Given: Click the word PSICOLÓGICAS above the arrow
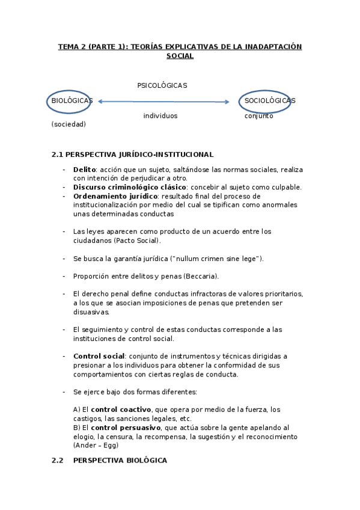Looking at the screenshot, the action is coord(162,85).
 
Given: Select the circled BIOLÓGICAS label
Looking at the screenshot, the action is coord(72,101).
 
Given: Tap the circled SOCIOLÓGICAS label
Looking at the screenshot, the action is coord(269,100).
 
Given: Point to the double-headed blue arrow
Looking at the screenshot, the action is coord(163,102).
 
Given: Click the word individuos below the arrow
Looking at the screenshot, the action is coord(160,115).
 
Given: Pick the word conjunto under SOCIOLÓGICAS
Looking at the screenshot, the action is coord(258,115).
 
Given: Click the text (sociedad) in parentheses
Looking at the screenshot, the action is coord(69,124).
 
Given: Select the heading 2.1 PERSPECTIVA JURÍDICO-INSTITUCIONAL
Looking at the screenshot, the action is coord(132,155).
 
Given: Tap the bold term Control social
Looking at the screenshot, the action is coord(99,356).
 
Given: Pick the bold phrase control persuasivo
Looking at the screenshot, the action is coord(121,428).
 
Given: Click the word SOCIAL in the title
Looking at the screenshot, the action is coord(180,56).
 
